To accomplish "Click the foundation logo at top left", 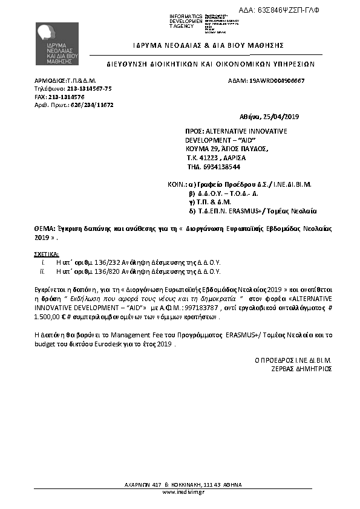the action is (x=56, y=43).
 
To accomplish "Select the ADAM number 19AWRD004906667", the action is (x=277, y=80).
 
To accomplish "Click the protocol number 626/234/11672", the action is (x=93, y=105).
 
